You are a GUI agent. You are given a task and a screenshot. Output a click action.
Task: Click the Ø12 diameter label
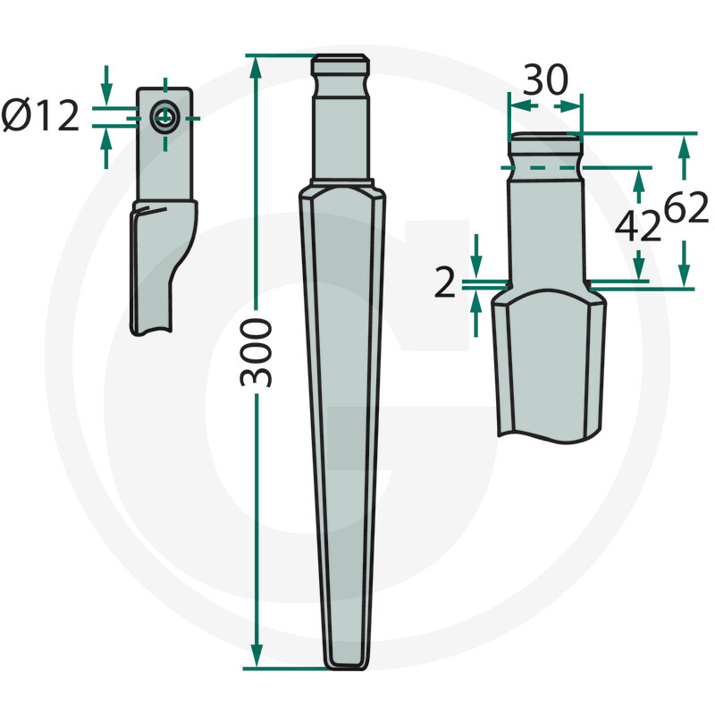tap(41, 116)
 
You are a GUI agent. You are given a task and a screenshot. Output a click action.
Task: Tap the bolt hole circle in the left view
tap(164, 116)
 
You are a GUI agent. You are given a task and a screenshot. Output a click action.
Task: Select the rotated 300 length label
tap(257, 350)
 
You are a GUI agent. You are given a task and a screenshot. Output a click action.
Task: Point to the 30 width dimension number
tap(544, 82)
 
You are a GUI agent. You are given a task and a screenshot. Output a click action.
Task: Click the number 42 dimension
tap(638, 229)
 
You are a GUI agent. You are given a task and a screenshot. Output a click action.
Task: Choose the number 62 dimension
tap(686, 209)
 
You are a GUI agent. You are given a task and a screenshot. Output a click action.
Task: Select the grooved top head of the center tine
tap(341, 68)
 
